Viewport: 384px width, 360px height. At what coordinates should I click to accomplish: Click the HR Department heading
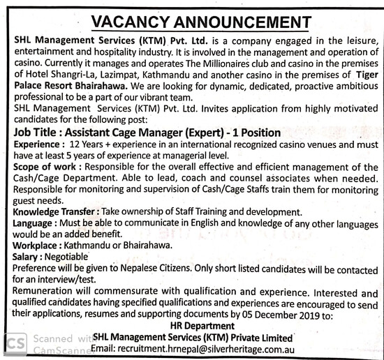[x=202, y=325]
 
